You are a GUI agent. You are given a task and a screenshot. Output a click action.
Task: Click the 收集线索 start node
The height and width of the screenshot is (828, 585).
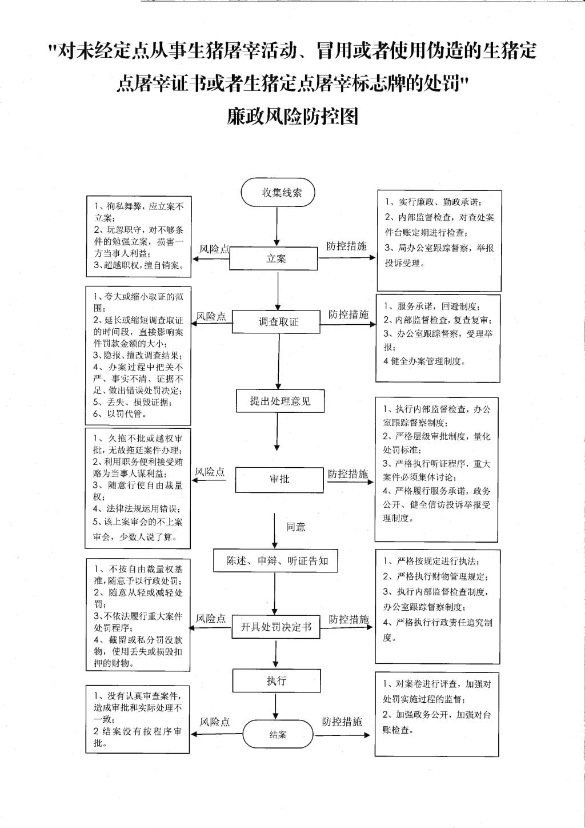pos(278,192)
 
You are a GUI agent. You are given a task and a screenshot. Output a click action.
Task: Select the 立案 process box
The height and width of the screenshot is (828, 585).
pos(273,258)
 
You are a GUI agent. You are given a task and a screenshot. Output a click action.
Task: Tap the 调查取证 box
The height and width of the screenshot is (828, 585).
pos(276,321)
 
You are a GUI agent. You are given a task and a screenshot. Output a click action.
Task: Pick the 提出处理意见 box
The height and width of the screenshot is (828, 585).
pos(281,401)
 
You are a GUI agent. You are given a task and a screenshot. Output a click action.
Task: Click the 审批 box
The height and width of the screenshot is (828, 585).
pos(279,479)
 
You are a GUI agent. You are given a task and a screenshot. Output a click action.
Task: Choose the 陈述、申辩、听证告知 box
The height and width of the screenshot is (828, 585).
pos(275,561)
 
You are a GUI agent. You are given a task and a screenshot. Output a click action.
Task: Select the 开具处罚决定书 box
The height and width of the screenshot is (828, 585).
pos(275,627)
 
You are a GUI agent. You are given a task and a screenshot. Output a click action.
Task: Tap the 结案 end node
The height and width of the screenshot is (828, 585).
pos(278,734)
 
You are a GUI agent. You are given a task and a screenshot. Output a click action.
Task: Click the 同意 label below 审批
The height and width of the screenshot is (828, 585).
pos(295,527)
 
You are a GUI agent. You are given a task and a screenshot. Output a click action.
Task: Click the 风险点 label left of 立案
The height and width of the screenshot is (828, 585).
pos(214,249)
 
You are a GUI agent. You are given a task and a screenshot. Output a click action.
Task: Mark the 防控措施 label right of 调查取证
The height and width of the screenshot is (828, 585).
pos(348,314)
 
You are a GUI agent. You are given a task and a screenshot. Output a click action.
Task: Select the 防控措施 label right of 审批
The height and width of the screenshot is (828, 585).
pos(348,473)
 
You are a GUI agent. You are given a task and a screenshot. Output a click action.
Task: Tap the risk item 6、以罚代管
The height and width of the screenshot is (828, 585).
pos(119,414)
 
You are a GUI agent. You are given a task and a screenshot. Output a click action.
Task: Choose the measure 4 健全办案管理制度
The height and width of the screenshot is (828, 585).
pos(424,361)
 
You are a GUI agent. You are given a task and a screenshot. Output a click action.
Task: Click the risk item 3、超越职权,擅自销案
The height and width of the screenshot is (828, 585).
pos(139,265)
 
